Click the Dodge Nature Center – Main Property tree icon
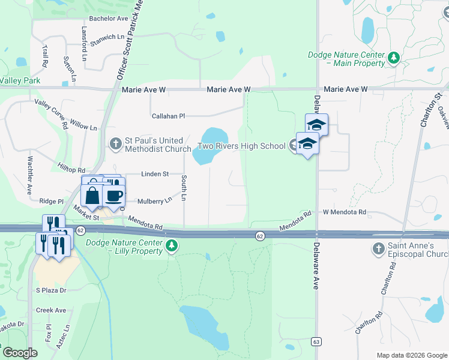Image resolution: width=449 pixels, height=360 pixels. pyautogui.click(x=393, y=58)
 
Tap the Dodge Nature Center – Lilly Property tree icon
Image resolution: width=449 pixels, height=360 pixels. pyautogui.click(x=172, y=246)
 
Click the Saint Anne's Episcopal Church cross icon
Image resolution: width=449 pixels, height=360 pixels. pyautogui.click(x=378, y=248)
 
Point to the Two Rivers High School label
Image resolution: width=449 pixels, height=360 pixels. pyautogui.click(x=242, y=146)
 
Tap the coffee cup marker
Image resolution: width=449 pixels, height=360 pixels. pyautogui.click(x=113, y=195)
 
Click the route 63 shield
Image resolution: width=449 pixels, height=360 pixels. pyautogui.click(x=315, y=341)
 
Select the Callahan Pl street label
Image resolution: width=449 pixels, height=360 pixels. pyautogui.click(x=169, y=116)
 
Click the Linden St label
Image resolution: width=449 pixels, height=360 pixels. pyautogui.click(x=155, y=174)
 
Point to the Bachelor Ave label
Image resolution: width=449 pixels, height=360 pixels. pyautogui.click(x=108, y=19)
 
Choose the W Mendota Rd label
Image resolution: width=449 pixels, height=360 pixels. pyautogui.click(x=345, y=212)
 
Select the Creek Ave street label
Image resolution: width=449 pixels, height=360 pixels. pyautogui.click(x=51, y=310)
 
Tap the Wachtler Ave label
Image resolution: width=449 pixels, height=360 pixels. pyautogui.click(x=29, y=176)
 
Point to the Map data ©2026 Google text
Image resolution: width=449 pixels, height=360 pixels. pyautogui.click(x=412, y=355)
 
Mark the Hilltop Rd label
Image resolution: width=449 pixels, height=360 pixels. pyautogui.click(x=72, y=170)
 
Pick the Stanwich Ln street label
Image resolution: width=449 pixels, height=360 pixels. pyautogui.click(x=106, y=40)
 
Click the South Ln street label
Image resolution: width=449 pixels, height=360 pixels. pyautogui.click(x=184, y=188)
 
